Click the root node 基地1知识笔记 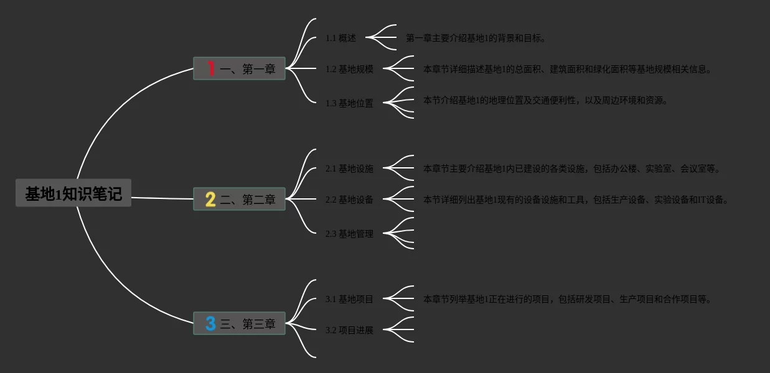(73, 193)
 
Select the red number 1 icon (211, 68)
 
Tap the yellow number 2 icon (210, 199)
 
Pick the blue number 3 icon (210, 323)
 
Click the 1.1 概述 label (340, 38)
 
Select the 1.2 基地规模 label (349, 69)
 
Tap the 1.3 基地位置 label (349, 103)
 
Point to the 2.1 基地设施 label (349, 168)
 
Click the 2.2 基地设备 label (349, 200)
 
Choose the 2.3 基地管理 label (349, 234)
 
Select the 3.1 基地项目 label (349, 299)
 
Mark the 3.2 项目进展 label (349, 330)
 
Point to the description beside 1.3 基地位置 (545, 100)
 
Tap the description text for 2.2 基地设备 (575, 200)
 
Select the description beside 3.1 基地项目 (566, 299)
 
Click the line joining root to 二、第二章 (162, 198)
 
